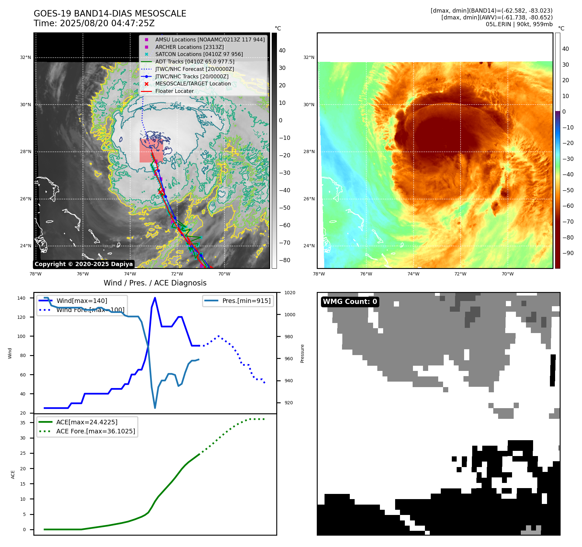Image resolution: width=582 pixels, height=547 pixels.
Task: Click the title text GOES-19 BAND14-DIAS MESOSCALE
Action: pos(110,14)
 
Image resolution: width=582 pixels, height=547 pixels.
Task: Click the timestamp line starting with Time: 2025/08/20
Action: pos(94,23)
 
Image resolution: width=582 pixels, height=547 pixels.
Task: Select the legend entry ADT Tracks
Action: pos(194,61)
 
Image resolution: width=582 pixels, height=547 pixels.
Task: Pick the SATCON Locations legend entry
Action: pos(199,54)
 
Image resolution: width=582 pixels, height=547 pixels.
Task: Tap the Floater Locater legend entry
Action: pos(174,91)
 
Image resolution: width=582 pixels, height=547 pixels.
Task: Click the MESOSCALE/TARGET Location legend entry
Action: pos(193,84)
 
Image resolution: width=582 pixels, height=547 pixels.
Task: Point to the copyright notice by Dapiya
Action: pos(84,264)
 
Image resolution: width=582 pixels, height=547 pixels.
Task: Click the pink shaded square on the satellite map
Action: pos(151,151)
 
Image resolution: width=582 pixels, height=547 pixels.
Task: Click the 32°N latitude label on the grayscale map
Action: pos(26,58)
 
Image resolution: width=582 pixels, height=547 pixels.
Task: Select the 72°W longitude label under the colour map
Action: pos(460,274)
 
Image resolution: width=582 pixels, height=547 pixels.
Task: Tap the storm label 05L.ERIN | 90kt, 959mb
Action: pos(519,24)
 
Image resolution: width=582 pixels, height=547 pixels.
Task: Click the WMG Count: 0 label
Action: pos(350,302)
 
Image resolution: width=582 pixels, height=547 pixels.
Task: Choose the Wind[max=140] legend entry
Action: pos(82,301)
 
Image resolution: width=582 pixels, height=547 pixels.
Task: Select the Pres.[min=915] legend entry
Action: pos(246,301)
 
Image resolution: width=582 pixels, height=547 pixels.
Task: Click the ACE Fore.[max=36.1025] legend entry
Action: pos(96,431)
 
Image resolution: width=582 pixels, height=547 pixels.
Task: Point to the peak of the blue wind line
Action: pos(155,298)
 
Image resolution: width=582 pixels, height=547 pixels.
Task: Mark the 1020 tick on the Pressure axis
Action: pos(290,293)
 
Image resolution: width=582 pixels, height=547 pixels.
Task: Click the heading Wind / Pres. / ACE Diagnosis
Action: pos(155,283)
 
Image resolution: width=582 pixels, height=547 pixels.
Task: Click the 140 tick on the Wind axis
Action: pos(21,298)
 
